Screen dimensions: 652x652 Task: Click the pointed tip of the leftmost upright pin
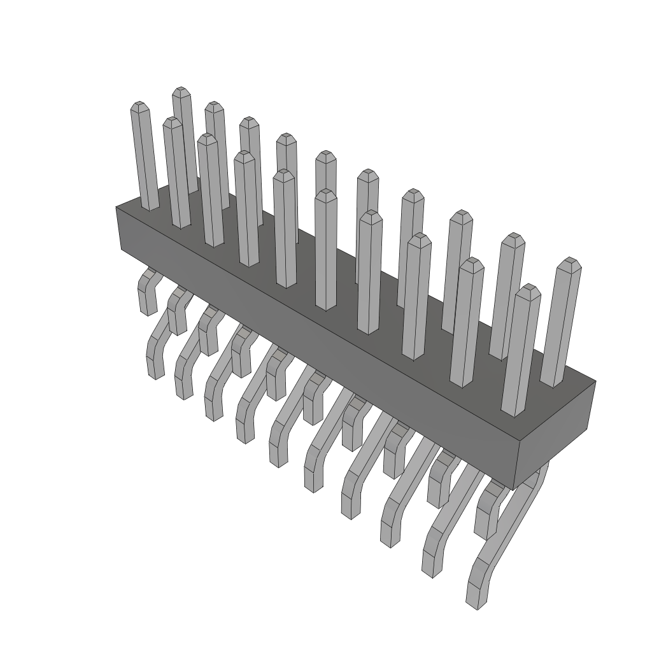click(x=138, y=106)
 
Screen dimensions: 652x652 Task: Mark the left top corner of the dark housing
click(x=117, y=208)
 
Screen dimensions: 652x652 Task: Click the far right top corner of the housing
click(x=594, y=382)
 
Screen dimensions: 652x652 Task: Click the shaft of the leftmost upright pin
click(x=145, y=159)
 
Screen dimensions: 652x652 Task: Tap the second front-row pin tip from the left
click(x=173, y=122)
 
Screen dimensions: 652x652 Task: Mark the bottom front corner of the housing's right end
click(x=513, y=489)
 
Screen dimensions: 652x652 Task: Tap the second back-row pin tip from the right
click(x=512, y=238)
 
